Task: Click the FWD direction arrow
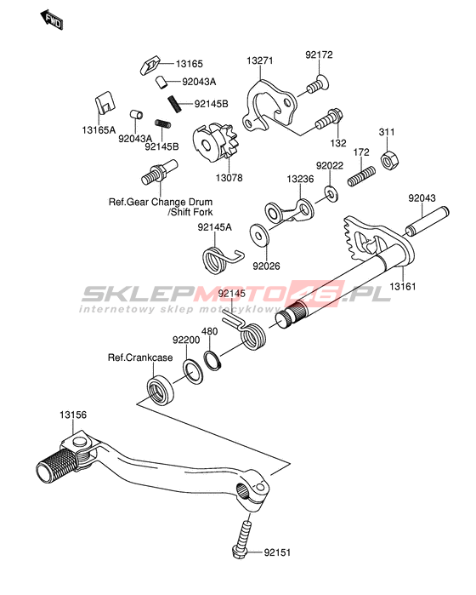coord(52,20)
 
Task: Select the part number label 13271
coord(259,60)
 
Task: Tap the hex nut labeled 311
coord(389,161)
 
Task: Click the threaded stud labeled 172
coord(361,176)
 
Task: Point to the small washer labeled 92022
coord(331,193)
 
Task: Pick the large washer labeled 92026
coord(259,236)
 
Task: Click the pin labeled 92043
coord(427,221)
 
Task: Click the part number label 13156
coord(73,415)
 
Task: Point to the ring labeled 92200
coord(192,372)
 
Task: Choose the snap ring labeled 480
coord(212,361)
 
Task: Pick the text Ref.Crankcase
coord(140,358)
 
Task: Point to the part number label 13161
coord(403,286)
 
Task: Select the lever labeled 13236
coord(290,210)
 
